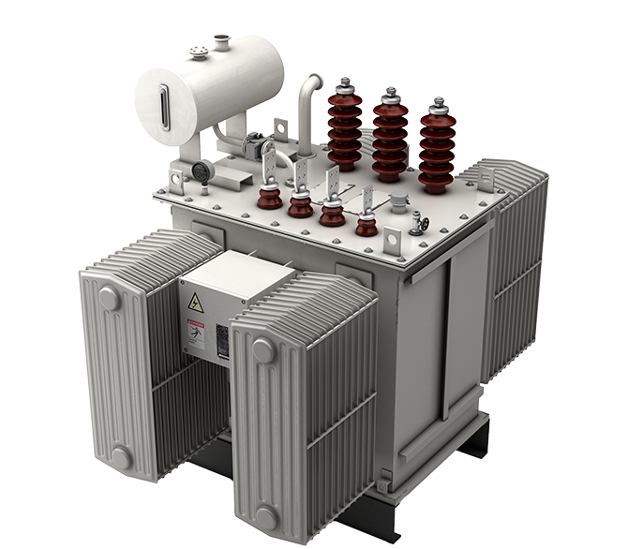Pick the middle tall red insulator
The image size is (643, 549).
coord(389,136)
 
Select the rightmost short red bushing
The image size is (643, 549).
coord(366,226)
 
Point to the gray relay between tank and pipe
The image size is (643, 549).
coord(251,144)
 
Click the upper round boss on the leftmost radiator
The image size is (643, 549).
coord(110,299)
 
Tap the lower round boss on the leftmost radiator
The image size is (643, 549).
coord(120,457)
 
